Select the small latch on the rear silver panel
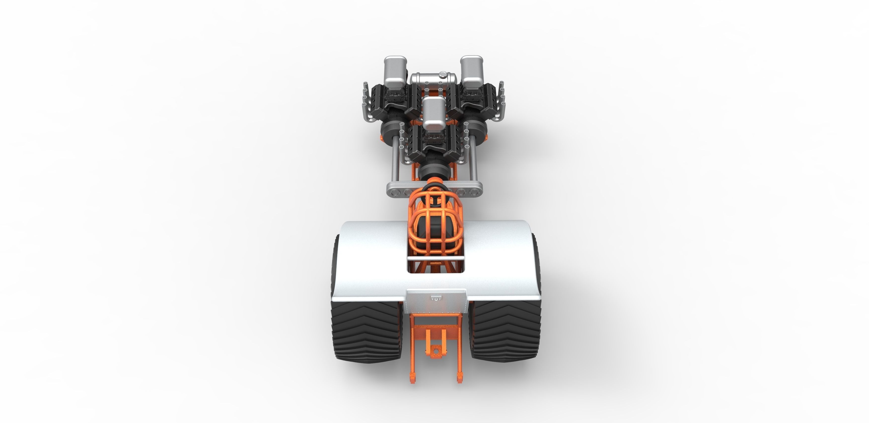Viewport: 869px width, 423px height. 436,298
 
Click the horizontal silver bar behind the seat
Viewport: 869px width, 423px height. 435,258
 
